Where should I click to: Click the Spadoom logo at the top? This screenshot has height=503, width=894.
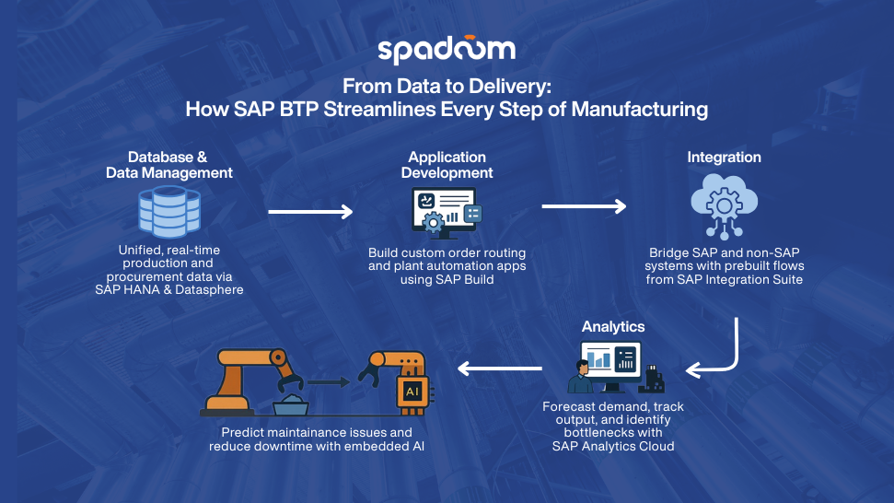tap(447, 51)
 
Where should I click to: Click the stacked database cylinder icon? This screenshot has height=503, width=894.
tap(169, 211)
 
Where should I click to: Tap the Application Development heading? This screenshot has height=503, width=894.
tap(447, 165)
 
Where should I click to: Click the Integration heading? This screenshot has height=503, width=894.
tap(724, 158)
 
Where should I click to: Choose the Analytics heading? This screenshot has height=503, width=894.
tap(613, 326)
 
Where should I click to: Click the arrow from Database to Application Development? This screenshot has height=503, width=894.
tap(309, 212)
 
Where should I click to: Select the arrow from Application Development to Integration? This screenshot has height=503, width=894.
tap(584, 205)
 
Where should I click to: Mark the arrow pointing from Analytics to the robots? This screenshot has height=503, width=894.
tap(499, 369)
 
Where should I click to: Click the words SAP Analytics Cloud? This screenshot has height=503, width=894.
tap(613, 446)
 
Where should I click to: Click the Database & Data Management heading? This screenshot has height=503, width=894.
tap(169, 165)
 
